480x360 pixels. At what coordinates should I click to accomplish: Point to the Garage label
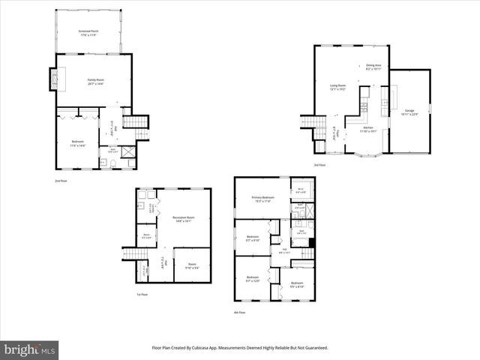click(x=409, y=112)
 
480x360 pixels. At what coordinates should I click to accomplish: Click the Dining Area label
click(x=374, y=67)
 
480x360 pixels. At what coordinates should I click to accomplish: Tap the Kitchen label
click(x=367, y=129)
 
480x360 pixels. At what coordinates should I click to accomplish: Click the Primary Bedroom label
click(x=262, y=199)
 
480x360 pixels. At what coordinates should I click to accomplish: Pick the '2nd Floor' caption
click(x=61, y=181)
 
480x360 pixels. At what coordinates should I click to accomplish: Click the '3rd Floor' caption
click(x=320, y=165)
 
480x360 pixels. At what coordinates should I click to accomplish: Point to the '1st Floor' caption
click(x=142, y=295)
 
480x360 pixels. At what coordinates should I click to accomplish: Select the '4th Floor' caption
click(x=240, y=313)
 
